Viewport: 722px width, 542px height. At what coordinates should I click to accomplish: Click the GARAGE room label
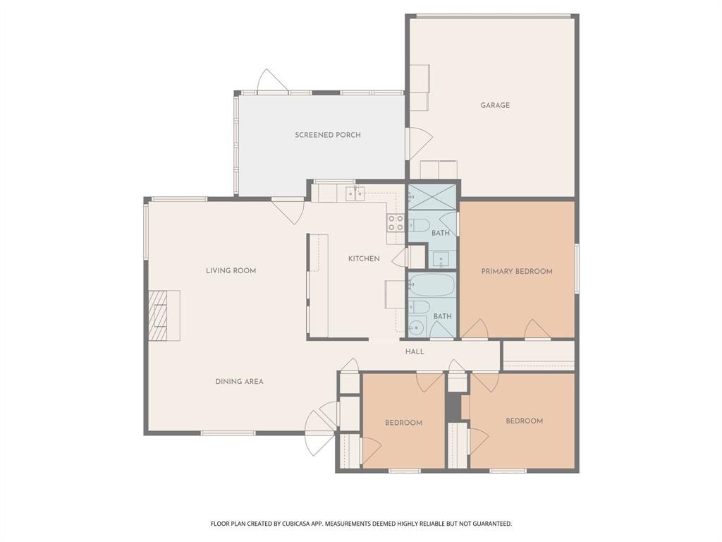[495, 105]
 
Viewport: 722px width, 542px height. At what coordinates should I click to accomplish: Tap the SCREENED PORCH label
[327, 135]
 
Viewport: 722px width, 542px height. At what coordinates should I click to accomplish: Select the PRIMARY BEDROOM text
[516, 271]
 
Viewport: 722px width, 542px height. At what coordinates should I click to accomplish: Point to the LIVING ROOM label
[231, 270]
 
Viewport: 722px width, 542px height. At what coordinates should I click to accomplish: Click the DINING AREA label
[239, 381]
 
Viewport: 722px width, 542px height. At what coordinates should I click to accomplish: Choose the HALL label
[415, 351]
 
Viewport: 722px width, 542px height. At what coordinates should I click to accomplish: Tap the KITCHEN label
[364, 258]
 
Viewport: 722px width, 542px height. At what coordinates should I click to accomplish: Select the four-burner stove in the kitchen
[395, 223]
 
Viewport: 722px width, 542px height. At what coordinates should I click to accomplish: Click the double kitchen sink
[355, 193]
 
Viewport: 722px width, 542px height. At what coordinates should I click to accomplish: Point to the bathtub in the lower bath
[432, 286]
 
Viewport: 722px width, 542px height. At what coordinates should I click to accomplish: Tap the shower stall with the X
[432, 195]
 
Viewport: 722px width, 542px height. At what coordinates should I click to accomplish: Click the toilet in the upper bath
[419, 225]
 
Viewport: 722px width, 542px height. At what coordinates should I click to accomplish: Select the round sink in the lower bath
[416, 327]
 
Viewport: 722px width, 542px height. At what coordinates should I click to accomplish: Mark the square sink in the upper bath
[441, 259]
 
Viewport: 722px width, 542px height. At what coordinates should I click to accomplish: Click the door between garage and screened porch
[419, 144]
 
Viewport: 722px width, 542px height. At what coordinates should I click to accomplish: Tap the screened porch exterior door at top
[273, 82]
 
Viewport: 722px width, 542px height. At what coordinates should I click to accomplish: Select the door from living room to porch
[288, 210]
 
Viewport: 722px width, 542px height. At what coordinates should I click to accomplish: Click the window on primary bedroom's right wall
[576, 268]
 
